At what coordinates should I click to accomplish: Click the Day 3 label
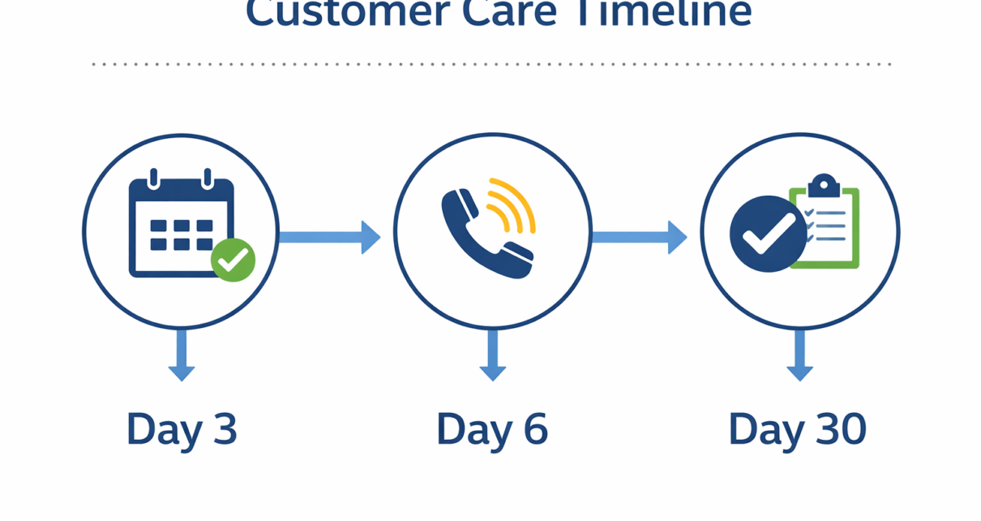click(182, 428)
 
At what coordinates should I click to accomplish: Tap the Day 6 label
click(491, 428)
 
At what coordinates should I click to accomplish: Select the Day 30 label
click(798, 428)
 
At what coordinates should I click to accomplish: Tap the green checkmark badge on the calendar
click(233, 260)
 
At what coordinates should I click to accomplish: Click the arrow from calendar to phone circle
click(329, 237)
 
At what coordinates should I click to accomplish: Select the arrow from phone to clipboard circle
click(639, 237)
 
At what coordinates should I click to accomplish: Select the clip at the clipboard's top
click(824, 185)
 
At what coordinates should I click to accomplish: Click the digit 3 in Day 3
click(222, 428)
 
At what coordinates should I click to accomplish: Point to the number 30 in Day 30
click(839, 428)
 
